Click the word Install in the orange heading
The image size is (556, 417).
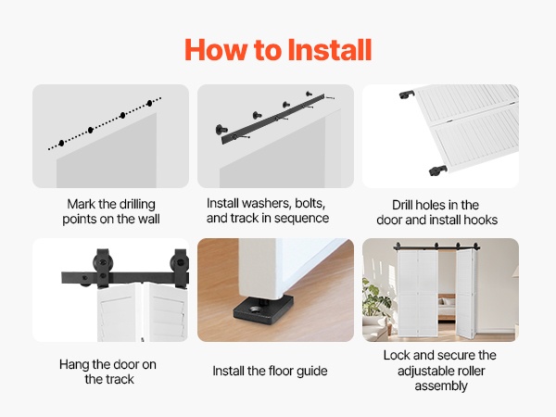pos(329,50)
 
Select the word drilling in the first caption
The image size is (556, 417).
pos(137,204)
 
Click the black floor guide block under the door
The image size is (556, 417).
pos(263,307)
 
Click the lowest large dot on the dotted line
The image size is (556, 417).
pos(62,143)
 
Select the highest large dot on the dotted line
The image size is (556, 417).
pos(149,103)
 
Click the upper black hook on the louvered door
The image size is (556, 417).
pos(407,95)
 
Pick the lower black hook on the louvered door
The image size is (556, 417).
pos(438,171)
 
